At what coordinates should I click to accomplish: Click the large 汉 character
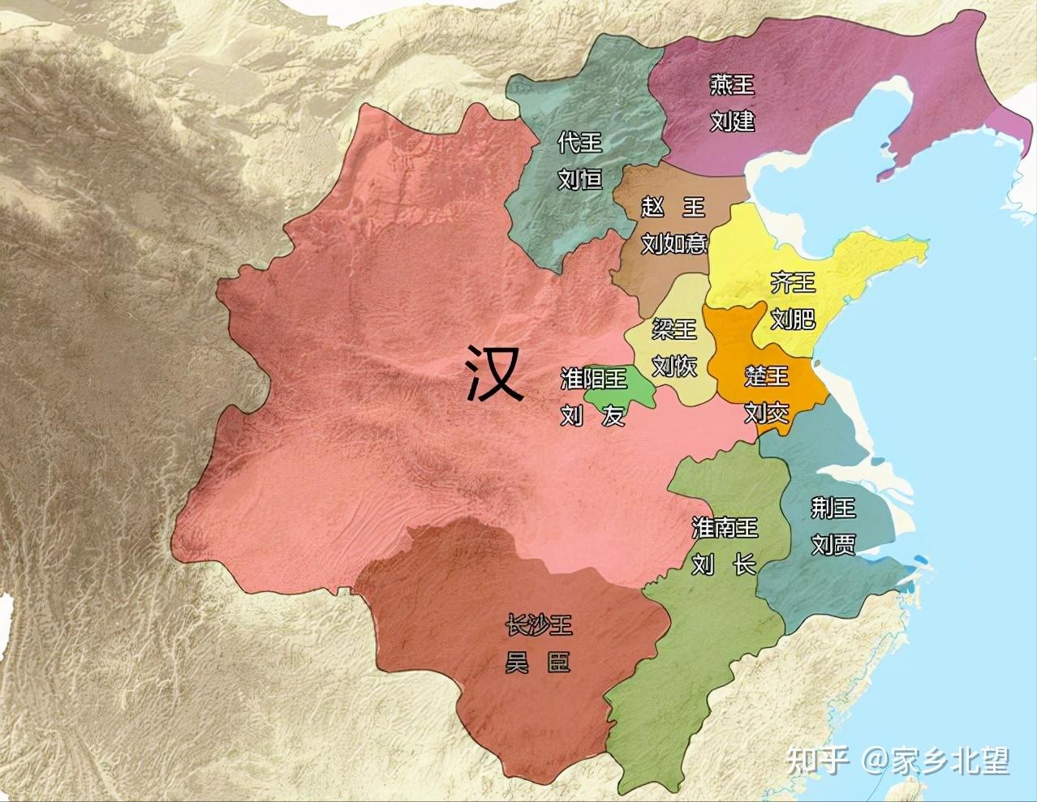[x=494, y=373]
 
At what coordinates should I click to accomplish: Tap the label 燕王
[x=732, y=84]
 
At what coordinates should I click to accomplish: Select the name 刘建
[x=732, y=121]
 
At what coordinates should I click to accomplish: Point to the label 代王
[x=580, y=143]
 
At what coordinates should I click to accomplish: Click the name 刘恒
[x=580, y=178]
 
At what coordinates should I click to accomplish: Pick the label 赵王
[x=673, y=207]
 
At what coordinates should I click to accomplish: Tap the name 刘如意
[x=673, y=242]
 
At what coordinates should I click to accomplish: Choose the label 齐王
[x=793, y=283]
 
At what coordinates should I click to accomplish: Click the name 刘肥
[x=793, y=319]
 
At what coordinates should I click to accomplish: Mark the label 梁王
[x=674, y=328]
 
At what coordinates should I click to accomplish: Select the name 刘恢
[x=674, y=365]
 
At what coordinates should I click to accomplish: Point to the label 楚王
[x=767, y=376]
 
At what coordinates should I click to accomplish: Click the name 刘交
[x=767, y=412]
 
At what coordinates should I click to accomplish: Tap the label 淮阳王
[x=594, y=378]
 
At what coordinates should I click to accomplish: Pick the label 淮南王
[x=725, y=528]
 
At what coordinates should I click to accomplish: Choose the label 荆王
[x=833, y=508]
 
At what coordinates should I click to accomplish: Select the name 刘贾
[x=833, y=543]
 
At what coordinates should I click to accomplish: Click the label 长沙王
[x=539, y=624]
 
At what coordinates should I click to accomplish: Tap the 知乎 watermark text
[x=817, y=761]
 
